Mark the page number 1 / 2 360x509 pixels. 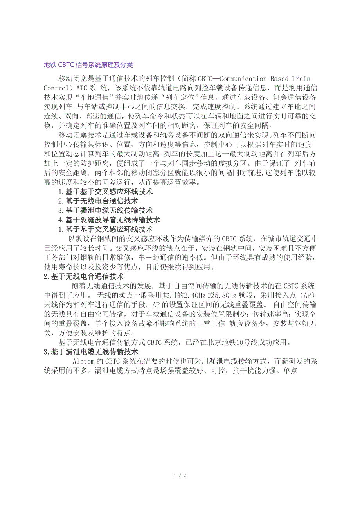click(180, 476)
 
